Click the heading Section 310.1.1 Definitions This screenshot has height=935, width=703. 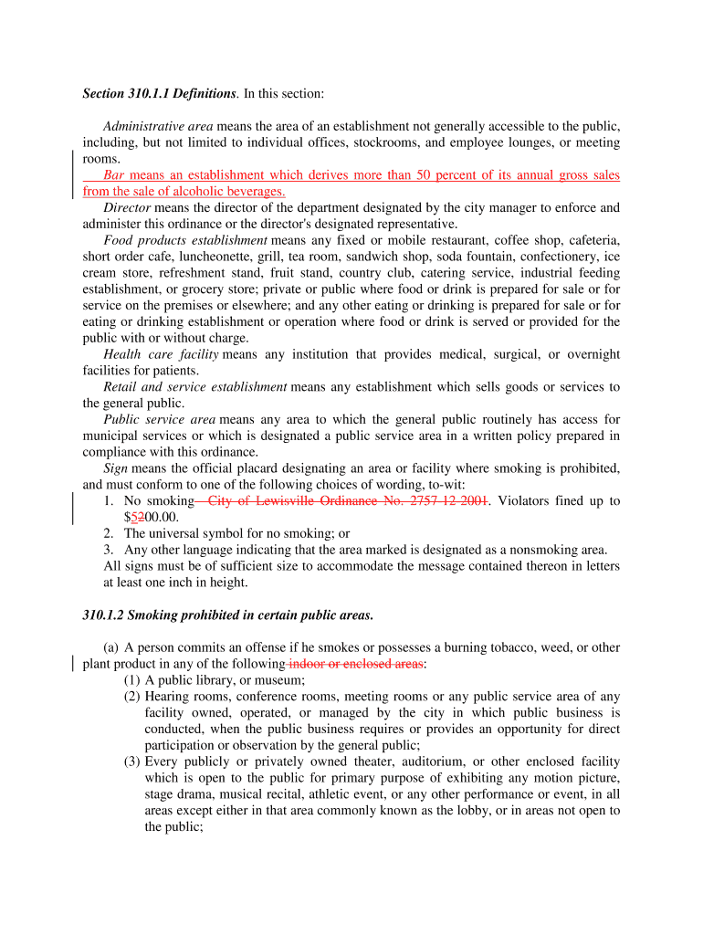[x=160, y=94]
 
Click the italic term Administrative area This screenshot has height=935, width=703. [x=158, y=126]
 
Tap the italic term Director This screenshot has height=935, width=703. [x=127, y=207]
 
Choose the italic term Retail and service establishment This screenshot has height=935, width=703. [x=194, y=387]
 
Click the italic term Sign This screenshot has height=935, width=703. [x=115, y=468]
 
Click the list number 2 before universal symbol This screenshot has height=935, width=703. [x=108, y=533]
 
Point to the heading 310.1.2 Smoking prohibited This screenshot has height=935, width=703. [x=227, y=615]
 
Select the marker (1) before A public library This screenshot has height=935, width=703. [x=132, y=680]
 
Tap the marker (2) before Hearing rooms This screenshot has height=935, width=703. [x=132, y=697]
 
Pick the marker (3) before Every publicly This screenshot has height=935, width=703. [x=132, y=762]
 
